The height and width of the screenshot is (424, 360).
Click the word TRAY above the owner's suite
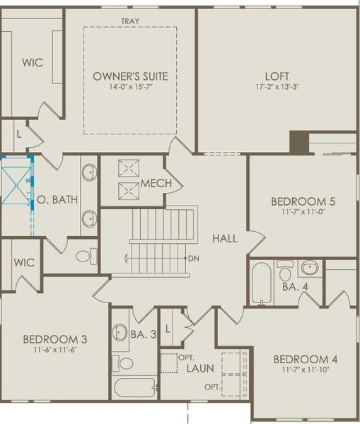[129, 22]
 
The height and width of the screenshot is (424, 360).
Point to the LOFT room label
[277, 75]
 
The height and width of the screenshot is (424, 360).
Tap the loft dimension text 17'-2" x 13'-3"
[277, 88]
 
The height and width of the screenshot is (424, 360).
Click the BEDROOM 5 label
[303, 201]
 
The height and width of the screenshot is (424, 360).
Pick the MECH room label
[156, 184]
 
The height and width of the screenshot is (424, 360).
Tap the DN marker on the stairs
[193, 258]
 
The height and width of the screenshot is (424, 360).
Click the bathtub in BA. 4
[261, 282]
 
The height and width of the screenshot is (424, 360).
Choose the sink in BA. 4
[309, 269]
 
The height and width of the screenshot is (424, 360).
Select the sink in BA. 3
[120, 331]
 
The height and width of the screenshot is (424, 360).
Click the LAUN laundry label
[201, 367]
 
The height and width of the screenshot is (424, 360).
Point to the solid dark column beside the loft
[299, 142]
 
